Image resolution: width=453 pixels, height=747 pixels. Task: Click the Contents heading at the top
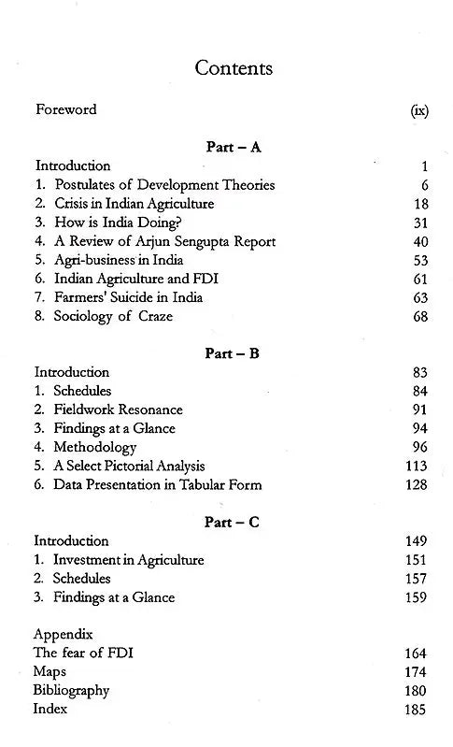(234, 68)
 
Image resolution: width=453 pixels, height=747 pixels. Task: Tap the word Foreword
(65, 109)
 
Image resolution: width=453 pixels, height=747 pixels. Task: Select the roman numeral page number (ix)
(419, 110)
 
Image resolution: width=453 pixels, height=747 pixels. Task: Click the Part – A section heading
(232, 146)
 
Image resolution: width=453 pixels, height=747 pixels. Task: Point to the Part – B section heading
(232, 352)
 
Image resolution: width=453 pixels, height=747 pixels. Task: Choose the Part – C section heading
(232, 522)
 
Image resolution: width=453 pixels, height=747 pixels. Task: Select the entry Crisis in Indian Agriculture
(134, 203)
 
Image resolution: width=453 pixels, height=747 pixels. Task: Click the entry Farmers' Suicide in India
(128, 297)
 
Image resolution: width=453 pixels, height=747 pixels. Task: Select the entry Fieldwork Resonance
(118, 409)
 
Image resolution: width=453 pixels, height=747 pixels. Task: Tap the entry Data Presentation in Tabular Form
(158, 484)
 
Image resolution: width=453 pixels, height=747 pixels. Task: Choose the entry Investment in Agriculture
(129, 560)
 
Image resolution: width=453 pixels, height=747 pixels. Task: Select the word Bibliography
(71, 690)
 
